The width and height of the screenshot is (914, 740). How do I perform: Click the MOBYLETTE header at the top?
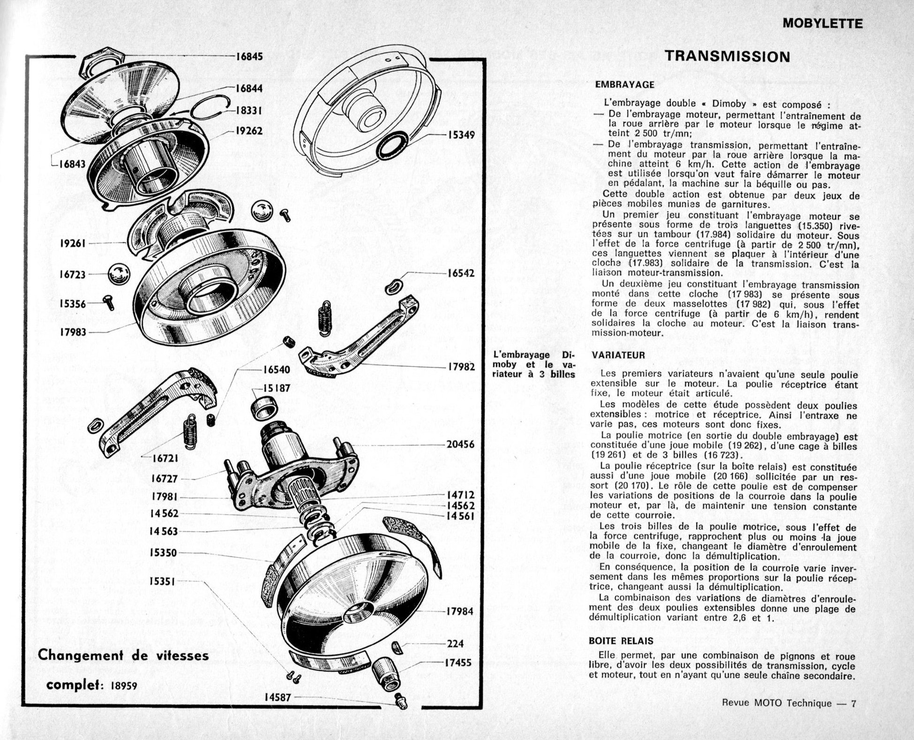pos(823,23)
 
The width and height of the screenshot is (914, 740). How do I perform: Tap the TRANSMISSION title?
pos(728,56)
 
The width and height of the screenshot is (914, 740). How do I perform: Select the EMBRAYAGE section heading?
pos(625,85)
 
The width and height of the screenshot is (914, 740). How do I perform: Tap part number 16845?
pos(249,57)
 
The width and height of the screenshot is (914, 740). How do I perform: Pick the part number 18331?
pos(248,111)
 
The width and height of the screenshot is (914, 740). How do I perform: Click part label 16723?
pos(73,274)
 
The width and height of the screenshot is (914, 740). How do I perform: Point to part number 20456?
pos(460,444)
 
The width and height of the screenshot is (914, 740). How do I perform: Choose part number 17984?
pos(460,612)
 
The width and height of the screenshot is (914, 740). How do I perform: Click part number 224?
pos(455,643)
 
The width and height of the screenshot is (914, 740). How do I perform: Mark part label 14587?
pos(277,697)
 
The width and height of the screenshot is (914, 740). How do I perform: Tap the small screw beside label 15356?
pos(110,303)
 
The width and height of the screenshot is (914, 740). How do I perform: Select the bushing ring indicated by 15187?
pos(265,407)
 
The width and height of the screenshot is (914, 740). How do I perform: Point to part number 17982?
pos(462,367)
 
